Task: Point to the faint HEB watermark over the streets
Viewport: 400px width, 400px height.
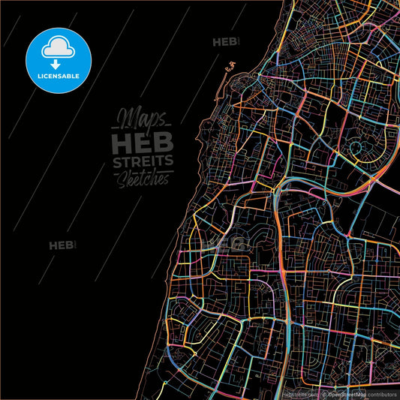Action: click(230, 242)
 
